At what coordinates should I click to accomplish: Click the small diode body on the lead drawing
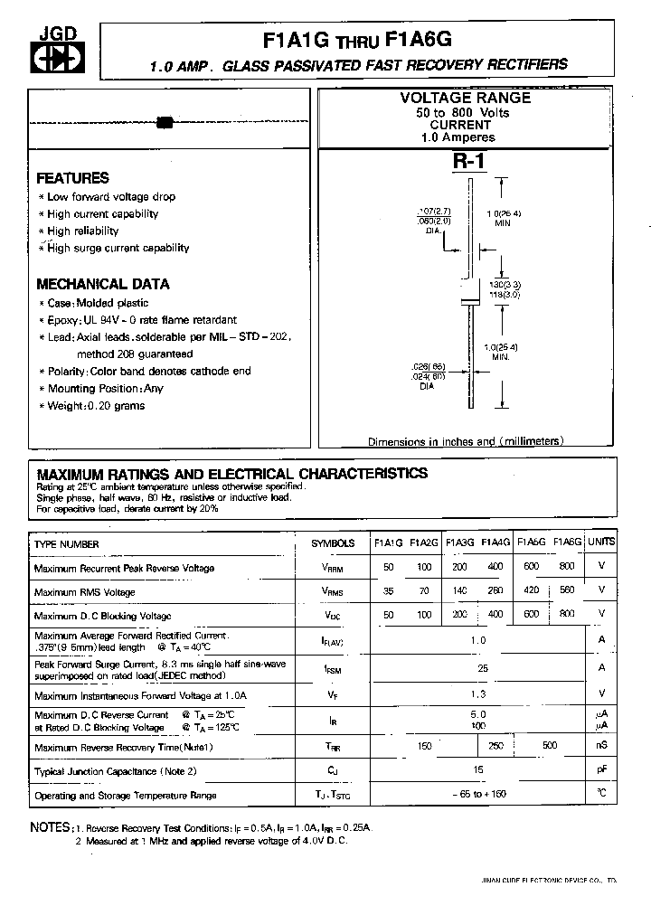pos(165,122)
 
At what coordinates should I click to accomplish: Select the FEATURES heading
pos(72,178)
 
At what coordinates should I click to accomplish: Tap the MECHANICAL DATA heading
pos(102,284)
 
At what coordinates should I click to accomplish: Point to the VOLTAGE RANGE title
pos(465,98)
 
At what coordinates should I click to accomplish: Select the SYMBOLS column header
pos(333,543)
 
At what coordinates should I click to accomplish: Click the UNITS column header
pos(600,542)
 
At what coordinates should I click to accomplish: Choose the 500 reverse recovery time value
pos(550,745)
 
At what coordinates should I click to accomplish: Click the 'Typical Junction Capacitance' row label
pos(115,771)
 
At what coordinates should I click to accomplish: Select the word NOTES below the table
pos(50,827)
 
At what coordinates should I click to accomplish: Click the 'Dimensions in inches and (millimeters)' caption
pos(466,441)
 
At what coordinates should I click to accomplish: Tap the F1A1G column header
pos(388,543)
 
